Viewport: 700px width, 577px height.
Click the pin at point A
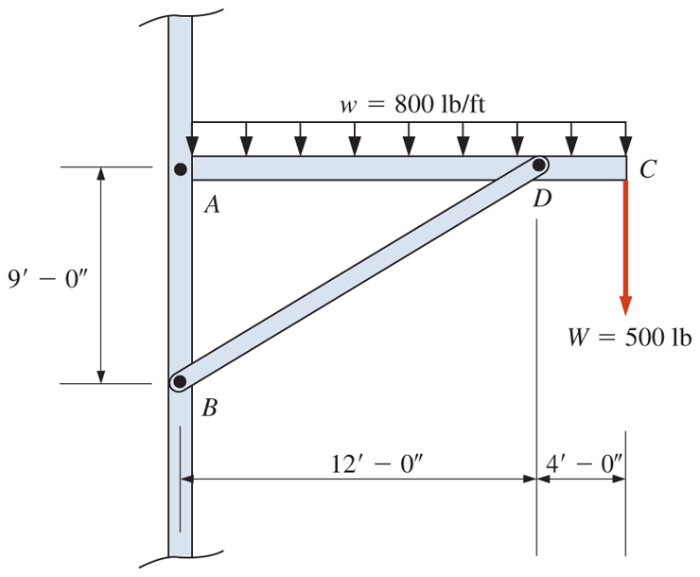[x=180, y=169]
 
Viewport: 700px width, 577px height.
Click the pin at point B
[x=179, y=382]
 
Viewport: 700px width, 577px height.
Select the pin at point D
[x=538, y=166]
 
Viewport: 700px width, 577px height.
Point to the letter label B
[x=209, y=409]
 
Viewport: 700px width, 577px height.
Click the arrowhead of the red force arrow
[x=625, y=305]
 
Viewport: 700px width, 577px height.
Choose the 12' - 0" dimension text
[x=371, y=463]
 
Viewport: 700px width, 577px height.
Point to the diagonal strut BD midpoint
[x=359, y=274]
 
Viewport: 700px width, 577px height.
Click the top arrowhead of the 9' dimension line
[x=100, y=175]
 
